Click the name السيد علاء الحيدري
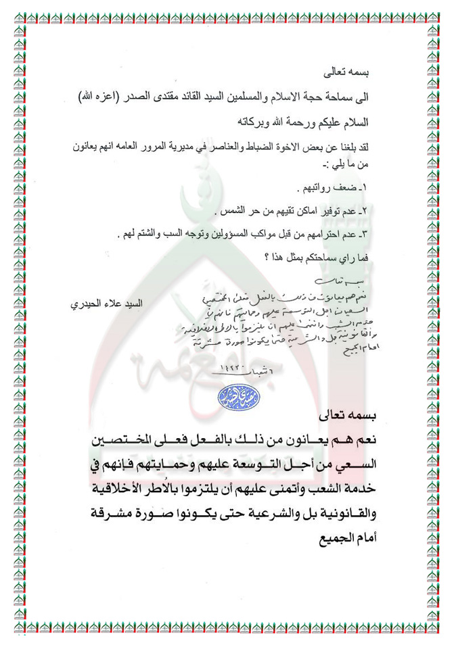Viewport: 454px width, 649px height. point(106,303)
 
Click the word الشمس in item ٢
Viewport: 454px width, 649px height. point(232,212)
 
